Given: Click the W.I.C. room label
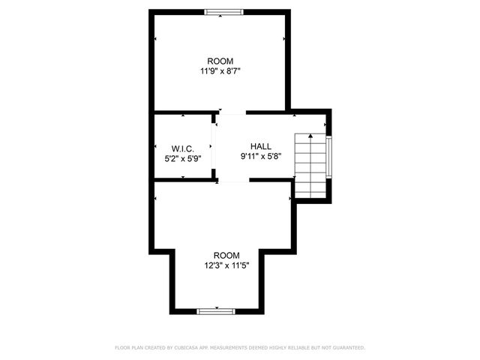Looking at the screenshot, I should coord(182,147).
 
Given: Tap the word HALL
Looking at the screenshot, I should coord(261,146).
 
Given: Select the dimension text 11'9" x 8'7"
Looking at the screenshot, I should coord(220,71).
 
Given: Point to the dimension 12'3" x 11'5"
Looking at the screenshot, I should coord(226,265).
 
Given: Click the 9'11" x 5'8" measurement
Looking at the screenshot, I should coord(261,157).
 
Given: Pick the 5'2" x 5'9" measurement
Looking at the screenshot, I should coord(182,158).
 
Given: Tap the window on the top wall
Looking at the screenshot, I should coord(223,12).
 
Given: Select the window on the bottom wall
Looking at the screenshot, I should coord(216,310).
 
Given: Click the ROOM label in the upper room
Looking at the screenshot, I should coord(220,61).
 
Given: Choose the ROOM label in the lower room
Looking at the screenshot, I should coord(226,255).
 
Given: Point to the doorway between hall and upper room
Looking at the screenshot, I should coord(232,113).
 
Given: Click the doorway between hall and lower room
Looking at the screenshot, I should coord(233,181).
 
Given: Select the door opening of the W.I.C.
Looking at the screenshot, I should coord(214,147).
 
